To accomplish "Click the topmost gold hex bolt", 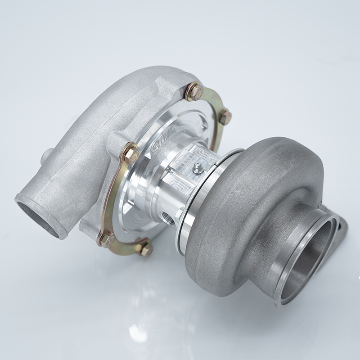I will pos(195,92).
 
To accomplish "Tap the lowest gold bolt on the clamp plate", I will pos(145,249).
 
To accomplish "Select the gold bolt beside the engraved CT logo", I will pos(130,154).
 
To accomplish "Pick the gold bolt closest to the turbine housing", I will pos(225,117).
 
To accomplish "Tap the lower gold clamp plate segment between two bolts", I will pos(124,245).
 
